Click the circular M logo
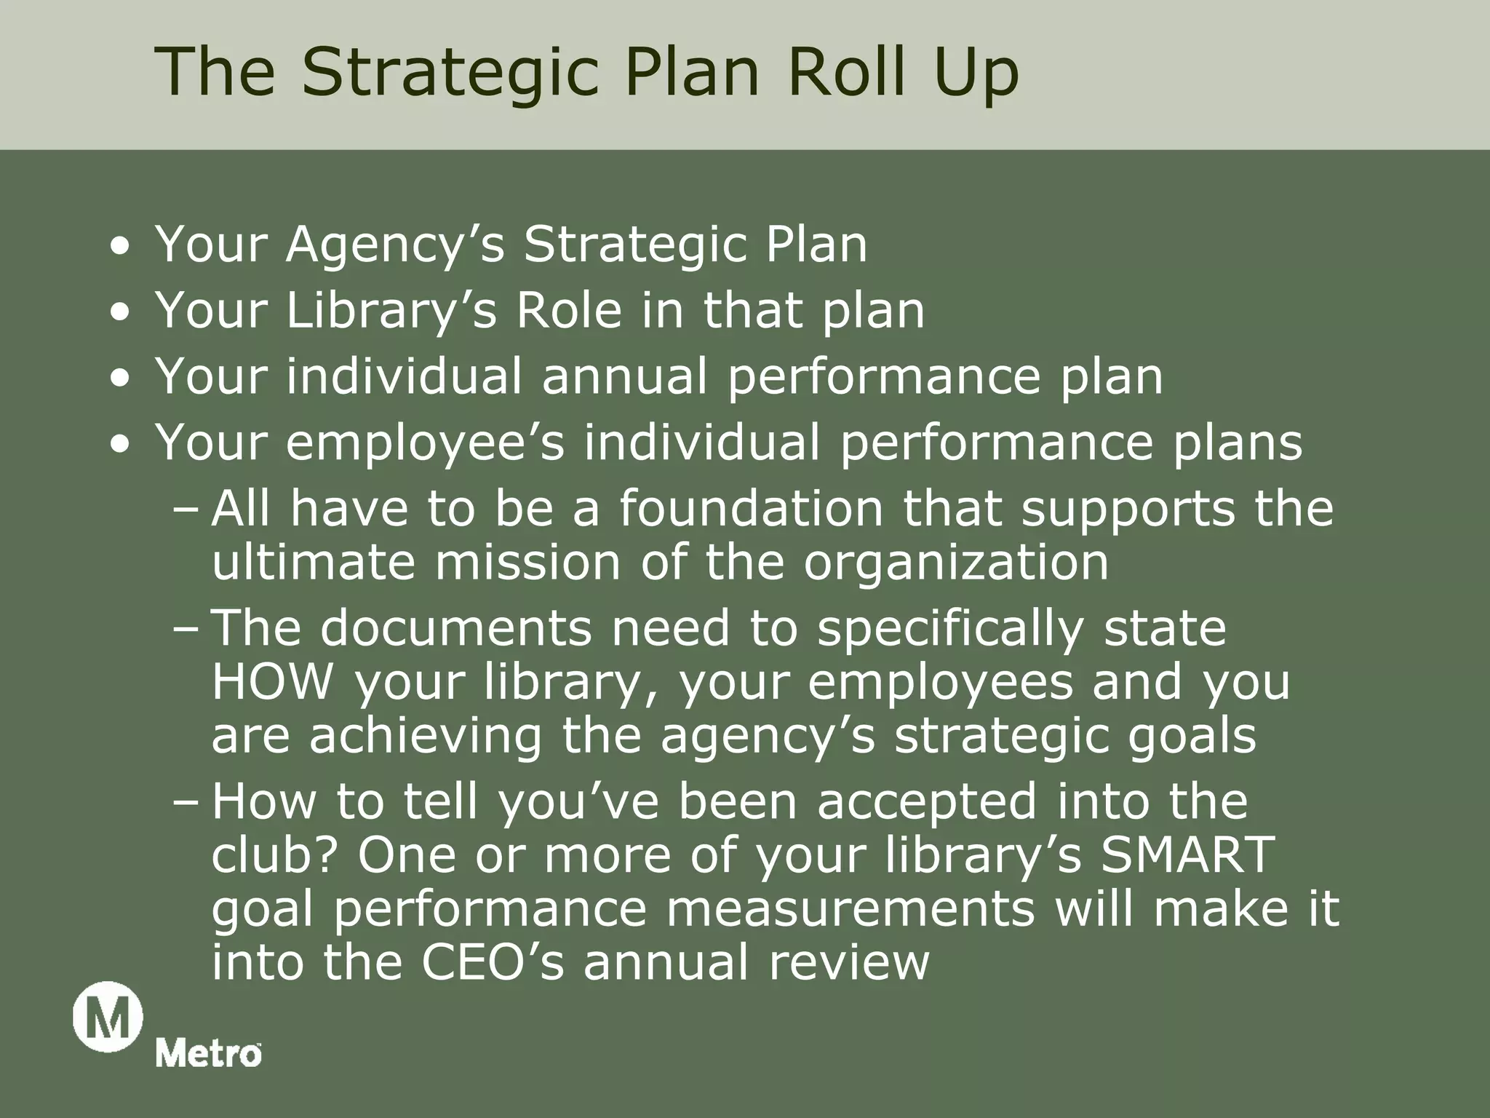[x=108, y=1016]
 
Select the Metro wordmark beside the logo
[x=209, y=1054]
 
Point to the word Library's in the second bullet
[x=391, y=311]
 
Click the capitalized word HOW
[x=273, y=682]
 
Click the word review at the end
[x=849, y=962]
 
